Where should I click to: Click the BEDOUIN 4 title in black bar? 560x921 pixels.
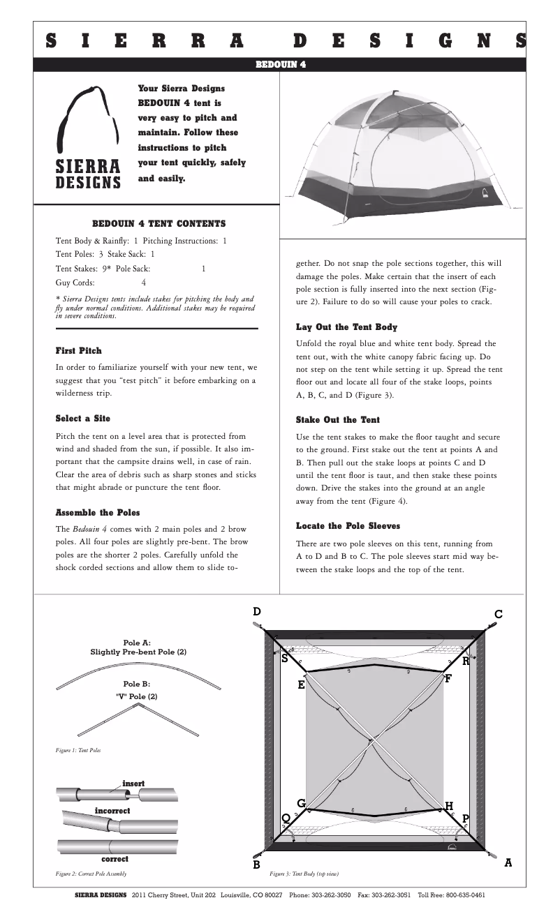click(x=280, y=65)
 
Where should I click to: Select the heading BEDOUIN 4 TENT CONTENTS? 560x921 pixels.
click(x=159, y=224)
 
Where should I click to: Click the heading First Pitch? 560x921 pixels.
click(x=78, y=350)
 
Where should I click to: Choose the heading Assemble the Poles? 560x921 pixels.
click(x=98, y=512)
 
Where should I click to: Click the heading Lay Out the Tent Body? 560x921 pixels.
click(x=347, y=327)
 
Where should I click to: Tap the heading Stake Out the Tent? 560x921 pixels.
click(x=338, y=419)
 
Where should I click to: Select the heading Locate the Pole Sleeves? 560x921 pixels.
click(x=348, y=525)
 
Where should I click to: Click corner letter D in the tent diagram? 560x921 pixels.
click(x=257, y=612)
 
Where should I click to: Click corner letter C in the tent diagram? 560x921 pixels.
click(x=498, y=615)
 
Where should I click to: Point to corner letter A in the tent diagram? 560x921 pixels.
click(x=508, y=862)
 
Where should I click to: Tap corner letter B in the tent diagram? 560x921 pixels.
click(x=257, y=865)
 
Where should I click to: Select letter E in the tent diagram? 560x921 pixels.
click(x=301, y=685)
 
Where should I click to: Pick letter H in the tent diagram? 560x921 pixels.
click(x=449, y=807)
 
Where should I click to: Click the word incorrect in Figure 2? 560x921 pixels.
click(x=112, y=811)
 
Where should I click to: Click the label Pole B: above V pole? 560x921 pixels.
click(x=137, y=684)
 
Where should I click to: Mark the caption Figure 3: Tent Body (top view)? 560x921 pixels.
click(x=304, y=874)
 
